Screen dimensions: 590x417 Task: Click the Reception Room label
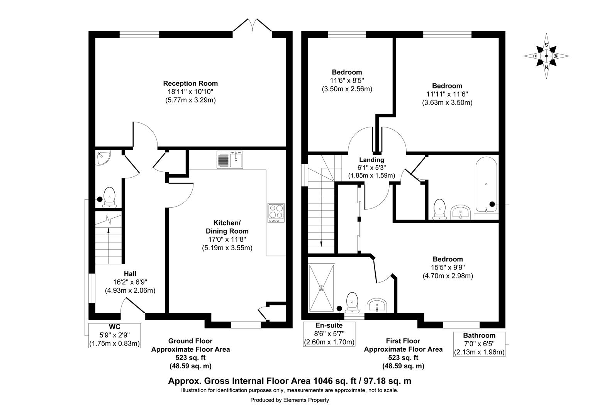190,83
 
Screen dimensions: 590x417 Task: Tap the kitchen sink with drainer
230,159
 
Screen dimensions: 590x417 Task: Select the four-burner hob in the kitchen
276,213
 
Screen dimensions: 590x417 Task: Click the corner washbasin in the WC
103,158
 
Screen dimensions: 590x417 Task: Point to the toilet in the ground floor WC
109,197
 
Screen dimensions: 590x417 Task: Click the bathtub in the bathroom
486,185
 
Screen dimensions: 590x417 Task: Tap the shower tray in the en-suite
321,288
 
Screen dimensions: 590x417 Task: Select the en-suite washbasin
377,305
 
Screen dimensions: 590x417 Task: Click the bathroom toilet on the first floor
439,209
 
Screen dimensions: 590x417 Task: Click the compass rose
546,56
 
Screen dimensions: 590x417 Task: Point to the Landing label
371,159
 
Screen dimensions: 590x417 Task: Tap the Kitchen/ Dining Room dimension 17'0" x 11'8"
227,239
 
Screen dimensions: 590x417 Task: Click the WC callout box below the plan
115,336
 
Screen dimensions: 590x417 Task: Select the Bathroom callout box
479,344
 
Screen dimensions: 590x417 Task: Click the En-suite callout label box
329,334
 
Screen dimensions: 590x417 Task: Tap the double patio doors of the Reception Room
252,25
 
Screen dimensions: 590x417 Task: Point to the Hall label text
130,274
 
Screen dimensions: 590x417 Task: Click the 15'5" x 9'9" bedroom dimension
448,267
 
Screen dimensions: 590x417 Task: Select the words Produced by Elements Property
290,400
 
